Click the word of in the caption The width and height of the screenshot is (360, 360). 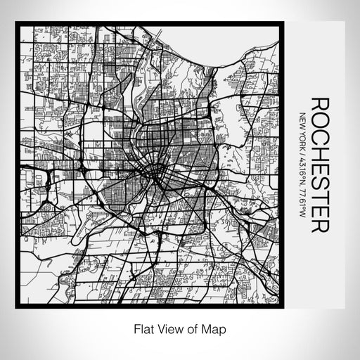(x=191, y=328)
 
